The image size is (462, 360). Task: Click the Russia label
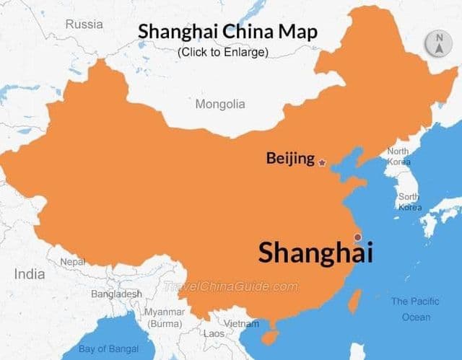[84, 25]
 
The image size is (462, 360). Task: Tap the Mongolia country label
[220, 104]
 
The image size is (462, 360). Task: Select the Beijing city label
[290, 158]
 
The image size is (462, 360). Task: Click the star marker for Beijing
[322, 163]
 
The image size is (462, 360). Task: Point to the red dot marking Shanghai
[357, 237]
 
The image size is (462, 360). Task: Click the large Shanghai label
[315, 253]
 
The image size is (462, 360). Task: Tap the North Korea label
[398, 157]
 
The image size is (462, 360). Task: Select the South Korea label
[409, 202]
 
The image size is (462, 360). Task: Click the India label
[29, 274]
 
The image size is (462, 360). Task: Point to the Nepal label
[72, 262]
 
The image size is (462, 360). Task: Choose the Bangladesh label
[116, 294]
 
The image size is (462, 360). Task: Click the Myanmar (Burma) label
[165, 318]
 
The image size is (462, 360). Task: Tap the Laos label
[214, 334]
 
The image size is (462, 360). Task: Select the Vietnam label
[241, 324]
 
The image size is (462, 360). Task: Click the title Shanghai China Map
[227, 32]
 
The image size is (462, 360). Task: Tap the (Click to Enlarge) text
[222, 52]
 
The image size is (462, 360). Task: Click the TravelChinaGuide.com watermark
[231, 286]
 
